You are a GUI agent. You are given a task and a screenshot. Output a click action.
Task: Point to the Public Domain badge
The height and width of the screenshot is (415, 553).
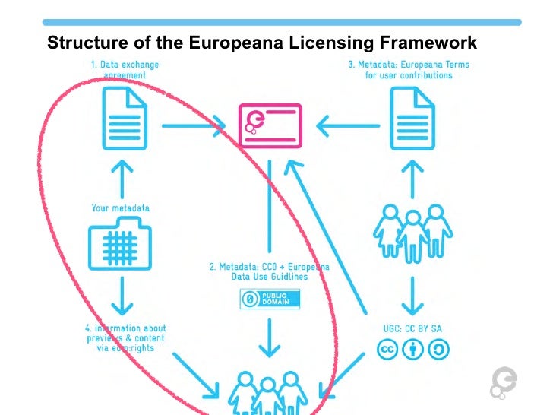[x=265, y=299]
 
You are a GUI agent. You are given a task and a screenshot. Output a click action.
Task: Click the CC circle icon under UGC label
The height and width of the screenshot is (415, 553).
[x=387, y=349]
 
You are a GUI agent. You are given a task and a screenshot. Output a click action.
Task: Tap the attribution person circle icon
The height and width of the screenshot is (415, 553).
[x=413, y=349]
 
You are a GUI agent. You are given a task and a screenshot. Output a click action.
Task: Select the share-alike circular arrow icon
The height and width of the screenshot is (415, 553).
[x=439, y=349]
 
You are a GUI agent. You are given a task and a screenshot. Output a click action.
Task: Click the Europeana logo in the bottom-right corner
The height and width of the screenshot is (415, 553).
[x=504, y=382]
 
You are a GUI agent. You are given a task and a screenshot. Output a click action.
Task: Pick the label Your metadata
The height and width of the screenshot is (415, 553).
[x=120, y=207]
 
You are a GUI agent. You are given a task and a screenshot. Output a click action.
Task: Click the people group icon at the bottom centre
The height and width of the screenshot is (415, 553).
[x=267, y=392]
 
